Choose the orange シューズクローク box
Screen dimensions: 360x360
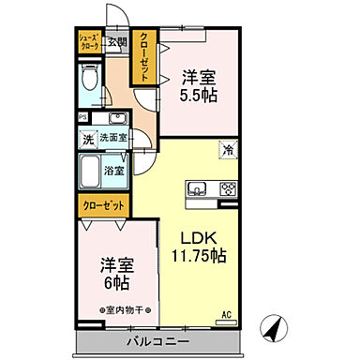click(x=89, y=45)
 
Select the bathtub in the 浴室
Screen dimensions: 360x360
click(x=91, y=171)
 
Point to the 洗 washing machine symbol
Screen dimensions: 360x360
click(x=87, y=138)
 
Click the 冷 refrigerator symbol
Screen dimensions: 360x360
click(x=228, y=148)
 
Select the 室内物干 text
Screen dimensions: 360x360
click(x=118, y=308)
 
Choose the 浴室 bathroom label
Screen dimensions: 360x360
click(x=115, y=172)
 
